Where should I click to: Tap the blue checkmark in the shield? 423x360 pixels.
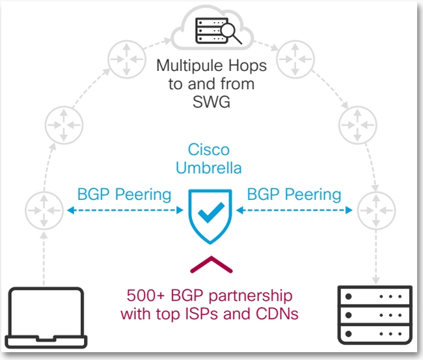click(x=211, y=213)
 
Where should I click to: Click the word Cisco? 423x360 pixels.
click(x=209, y=150)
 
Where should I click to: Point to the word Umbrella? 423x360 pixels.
click(x=209, y=168)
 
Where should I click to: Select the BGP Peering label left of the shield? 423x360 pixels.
click(x=124, y=194)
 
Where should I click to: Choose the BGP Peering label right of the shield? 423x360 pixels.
click(x=294, y=194)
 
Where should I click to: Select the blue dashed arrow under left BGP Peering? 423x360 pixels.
click(x=124, y=210)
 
